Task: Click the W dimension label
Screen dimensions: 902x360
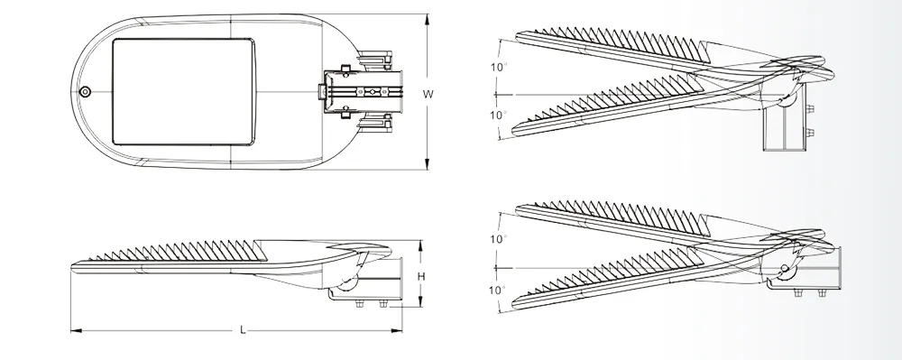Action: click(428, 95)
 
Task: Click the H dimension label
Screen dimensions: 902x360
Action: click(421, 277)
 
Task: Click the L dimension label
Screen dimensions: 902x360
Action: click(243, 330)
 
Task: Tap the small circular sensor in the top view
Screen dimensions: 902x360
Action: click(85, 91)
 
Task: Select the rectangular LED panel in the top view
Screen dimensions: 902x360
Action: click(184, 91)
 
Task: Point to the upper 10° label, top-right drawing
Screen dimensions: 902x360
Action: click(499, 67)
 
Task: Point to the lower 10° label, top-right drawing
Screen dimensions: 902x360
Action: click(499, 115)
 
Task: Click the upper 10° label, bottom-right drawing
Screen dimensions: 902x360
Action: click(499, 239)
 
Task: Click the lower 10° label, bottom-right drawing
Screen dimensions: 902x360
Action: click(499, 290)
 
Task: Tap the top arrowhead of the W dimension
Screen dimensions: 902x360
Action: click(427, 18)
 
